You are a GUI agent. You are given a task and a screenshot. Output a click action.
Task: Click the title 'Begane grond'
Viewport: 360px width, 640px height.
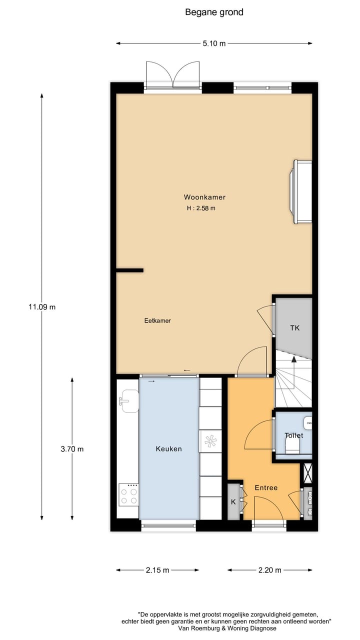pyautogui.click(x=214, y=12)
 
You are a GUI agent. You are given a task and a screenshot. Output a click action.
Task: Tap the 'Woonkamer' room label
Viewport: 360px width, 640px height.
pyautogui.click(x=201, y=197)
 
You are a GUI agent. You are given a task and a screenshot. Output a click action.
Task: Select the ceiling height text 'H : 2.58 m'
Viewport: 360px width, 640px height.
pyautogui.click(x=201, y=208)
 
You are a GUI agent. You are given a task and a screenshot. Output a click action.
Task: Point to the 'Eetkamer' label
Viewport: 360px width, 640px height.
pyautogui.click(x=157, y=320)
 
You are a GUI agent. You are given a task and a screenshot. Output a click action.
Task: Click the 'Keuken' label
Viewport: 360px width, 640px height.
pyautogui.click(x=168, y=448)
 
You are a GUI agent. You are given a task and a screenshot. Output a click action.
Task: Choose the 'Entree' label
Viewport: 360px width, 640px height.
pyautogui.click(x=266, y=487)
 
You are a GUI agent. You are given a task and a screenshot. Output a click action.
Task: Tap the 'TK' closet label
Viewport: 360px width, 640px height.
pyautogui.click(x=295, y=328)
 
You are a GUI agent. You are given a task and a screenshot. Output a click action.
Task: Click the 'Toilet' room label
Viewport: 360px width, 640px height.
pyautogui.click(x=293, y=435)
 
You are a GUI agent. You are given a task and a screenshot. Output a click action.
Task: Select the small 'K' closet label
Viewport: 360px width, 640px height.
pyautogui.click(x=233, y=501)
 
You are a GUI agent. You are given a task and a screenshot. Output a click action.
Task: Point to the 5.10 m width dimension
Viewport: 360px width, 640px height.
pyautogui.click(x=214, y=43)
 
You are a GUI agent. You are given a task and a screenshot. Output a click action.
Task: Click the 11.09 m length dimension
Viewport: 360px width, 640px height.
pyautogui.click(x=42, y=307)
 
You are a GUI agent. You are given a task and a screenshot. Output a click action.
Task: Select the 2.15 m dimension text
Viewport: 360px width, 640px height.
pyautogui.click(x=157, y=570)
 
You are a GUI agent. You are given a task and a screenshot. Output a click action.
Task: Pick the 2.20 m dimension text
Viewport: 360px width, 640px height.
pyautogui.click(x=269, y=570)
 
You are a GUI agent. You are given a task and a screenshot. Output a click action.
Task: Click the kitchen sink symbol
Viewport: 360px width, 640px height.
pyautogui.click(x=128, y=401)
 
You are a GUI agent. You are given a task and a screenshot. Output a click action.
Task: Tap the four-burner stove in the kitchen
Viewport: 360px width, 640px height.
pyautogui.click(x=128, y=495)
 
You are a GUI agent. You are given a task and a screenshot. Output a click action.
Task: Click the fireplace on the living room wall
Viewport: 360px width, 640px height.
pyautogui.click(x=301, y=191)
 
